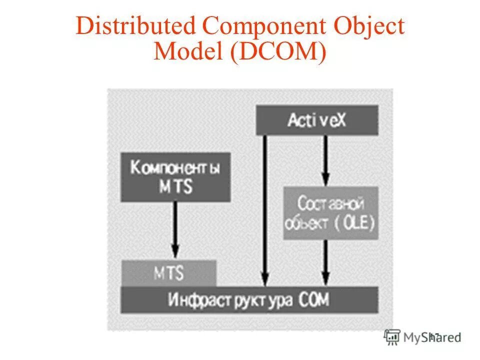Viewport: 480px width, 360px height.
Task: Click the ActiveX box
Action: pyautogui.click(x=316, y=120)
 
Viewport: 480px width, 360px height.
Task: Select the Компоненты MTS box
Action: pyautogui.click(x=175, y=177)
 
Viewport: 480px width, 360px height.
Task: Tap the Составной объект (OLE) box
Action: pyautogui.click(x=330, y=213)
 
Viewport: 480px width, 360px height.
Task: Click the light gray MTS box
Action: pyautogui.click(x=168, y=273)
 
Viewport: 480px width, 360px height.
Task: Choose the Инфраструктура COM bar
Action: pyautogui.click(x=249, y=300)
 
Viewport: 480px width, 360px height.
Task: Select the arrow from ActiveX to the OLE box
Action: pyautogui.click(x=325, y=160)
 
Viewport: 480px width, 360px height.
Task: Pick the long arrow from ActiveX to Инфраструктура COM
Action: pyautogui.click(x=265, y=210)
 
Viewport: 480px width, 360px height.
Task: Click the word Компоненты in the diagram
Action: pyautogui.click(x=175, y=168)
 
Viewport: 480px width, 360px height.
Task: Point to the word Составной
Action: pyautogui.click(x=330, y=203)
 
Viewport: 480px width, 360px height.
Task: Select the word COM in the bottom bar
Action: pyautogui.click(x=314, y=300)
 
